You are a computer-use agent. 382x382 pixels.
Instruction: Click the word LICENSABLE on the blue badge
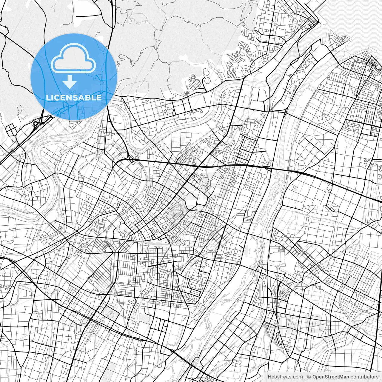[x=74, y=98]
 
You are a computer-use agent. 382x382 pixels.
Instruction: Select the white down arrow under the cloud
[x=70, y=82]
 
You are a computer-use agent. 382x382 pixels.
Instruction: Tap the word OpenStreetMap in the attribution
[x=331, y=377]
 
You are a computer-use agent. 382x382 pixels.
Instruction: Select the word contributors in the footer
[x=364, y=377]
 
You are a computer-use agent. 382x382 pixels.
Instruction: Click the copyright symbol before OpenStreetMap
[x=309, y=377]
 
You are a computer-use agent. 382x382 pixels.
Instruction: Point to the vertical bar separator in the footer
[x=305, y=377]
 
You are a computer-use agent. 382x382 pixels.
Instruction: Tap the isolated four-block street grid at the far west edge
[x=11, y=130]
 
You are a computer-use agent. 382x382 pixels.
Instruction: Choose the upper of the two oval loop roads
[x=206, y=72]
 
